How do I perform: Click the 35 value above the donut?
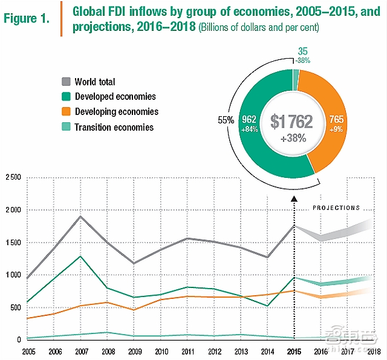(x=302, y=51)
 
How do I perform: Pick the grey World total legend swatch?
(x=67, y=82)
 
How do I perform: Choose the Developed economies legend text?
(x=115, y=96)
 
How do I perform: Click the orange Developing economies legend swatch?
(x=67, y=112)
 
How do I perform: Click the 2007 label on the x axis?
(x=80, y=352)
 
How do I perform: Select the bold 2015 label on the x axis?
(x=293, y=352)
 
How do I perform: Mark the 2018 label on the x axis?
(x=373, y=352)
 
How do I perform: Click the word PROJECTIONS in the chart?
(x=336, y=208)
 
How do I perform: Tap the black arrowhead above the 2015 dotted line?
(x=293, y=198)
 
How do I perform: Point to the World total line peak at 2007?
(x=80, y=216)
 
